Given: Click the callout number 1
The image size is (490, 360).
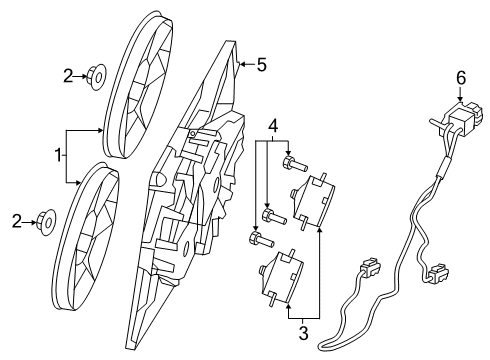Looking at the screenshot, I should pyautogui.click(x=58, y=156).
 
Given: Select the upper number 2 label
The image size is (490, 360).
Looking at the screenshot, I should pyautogui.click(x=68, y=74).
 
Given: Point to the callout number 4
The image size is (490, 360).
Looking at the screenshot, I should pyautogui.click(x=271, y=127).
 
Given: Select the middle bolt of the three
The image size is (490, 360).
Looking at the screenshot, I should pyautogui.click(x=270, y=214).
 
